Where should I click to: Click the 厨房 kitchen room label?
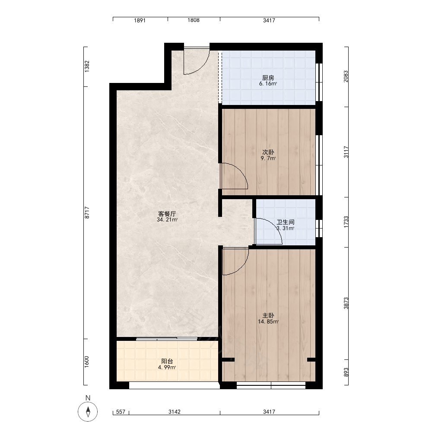(268, 78)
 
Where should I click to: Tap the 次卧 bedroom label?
(268, 152)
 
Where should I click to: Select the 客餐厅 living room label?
(167, 214)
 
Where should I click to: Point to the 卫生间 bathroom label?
(286, 222)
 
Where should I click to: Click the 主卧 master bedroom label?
(268, 315)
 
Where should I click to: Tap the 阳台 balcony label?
(167, 361)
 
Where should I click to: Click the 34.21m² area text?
(167, 220)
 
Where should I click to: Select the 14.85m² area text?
(268, 321)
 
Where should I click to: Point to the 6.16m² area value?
(268, 84)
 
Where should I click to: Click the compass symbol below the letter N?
(88, 412)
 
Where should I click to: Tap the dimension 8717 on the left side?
(87, 213)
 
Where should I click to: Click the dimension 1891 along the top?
(140, 20)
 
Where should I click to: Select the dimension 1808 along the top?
(194, 20)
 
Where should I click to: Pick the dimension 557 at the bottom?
(121, 412)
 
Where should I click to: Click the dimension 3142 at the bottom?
(175, 412)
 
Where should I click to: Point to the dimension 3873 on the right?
(346, 303)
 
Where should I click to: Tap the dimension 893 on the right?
(346, 372)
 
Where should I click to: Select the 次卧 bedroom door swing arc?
(240, 170)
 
